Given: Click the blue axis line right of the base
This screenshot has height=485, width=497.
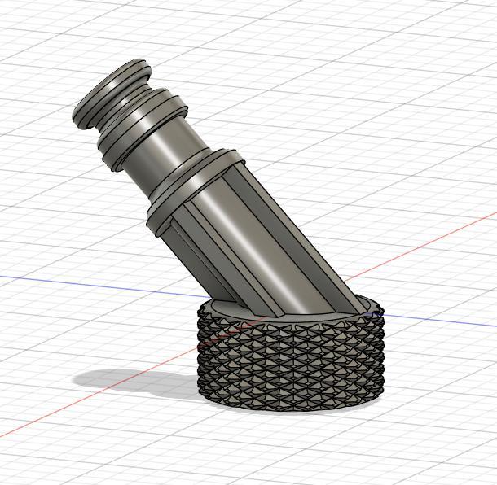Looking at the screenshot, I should pyautogui.click(x=440, y=321).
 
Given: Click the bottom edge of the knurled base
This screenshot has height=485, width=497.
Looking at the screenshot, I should pyautogui.click(x=289, y=407).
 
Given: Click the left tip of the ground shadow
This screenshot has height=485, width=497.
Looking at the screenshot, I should pyautogui.click(x=76, y=379).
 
